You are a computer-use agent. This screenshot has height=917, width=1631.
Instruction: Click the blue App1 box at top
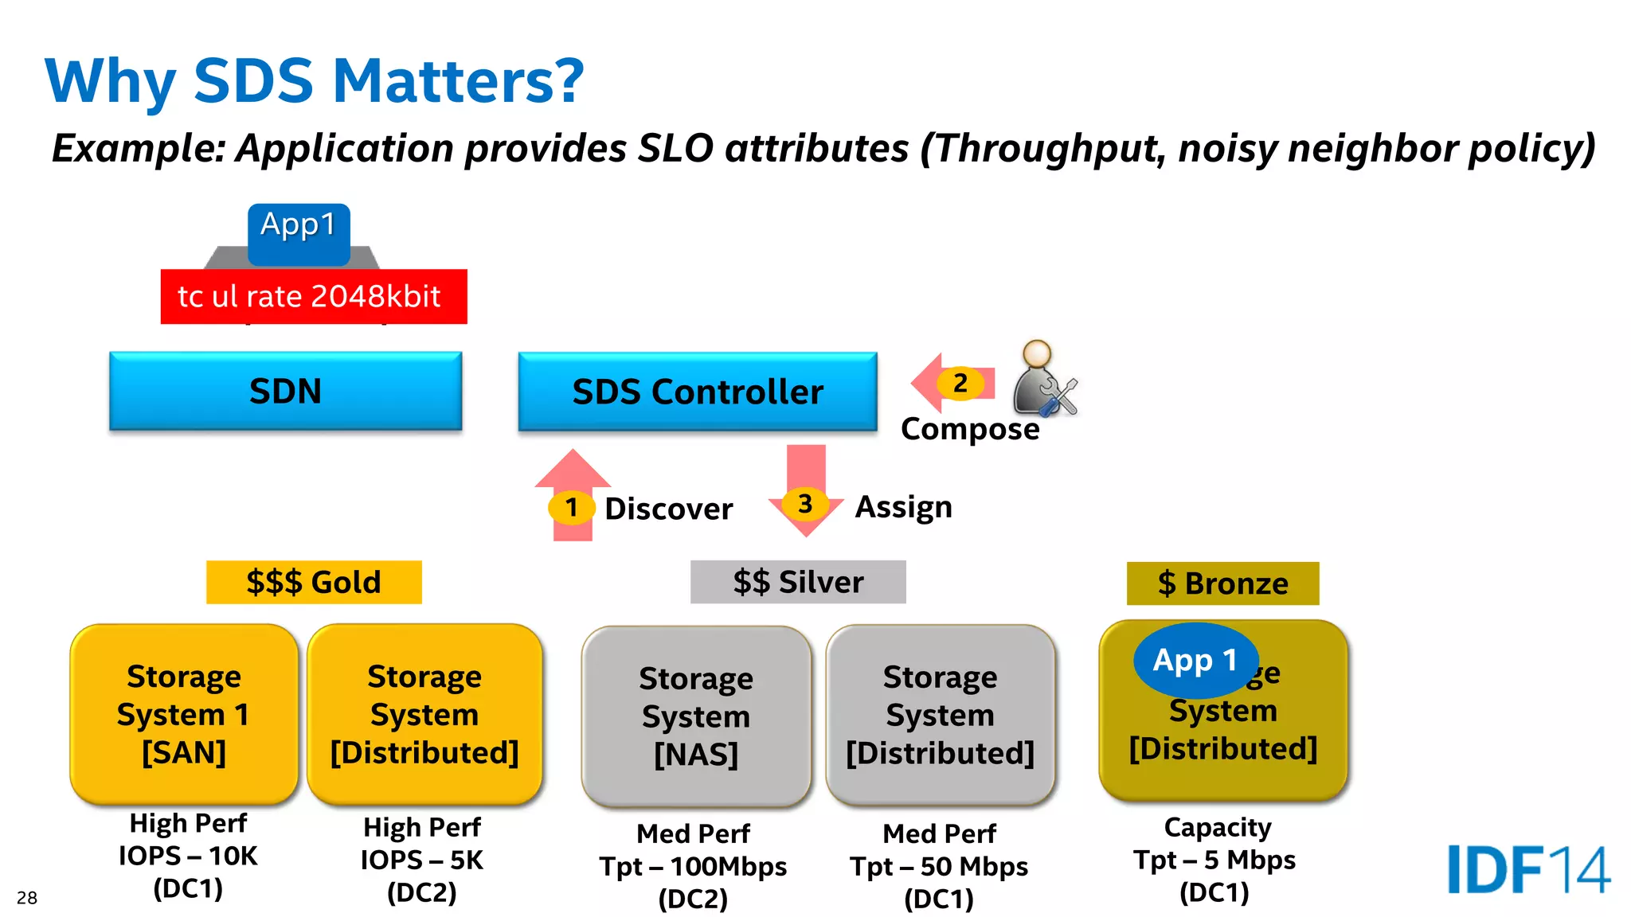pyautogui.click(x=299, y=233)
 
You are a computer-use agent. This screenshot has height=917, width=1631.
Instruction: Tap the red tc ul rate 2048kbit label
pyautogui.click(x=313, y=296)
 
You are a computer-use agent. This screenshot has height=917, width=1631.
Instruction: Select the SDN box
pyautogui.click(x=285, y=391)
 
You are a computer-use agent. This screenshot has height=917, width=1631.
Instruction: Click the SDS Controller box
pyautogui.click(x=697, y=392)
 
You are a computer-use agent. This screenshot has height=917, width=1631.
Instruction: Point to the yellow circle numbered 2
pyautogui.click(x=960, y=383)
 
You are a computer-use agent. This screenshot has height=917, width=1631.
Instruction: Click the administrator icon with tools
pyautogui.click(x=1043, y=379)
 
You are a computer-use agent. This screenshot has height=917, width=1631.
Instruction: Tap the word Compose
pyautogui.click(x=969, y=429)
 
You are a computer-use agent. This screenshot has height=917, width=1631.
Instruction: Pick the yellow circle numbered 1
pyautogui.click(x=571, y=507)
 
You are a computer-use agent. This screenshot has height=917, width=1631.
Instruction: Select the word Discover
pyautogui.click(x=668, y=509)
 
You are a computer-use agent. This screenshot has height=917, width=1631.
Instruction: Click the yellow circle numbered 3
pyautogui.click(x=805, y=504)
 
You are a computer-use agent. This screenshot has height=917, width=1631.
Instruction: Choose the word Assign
pyautogui.click(x=903, y=507)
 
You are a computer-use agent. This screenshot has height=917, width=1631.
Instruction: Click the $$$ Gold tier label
pyautogui.click(x=314, y=582)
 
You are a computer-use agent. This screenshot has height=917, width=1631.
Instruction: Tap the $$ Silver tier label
pyautogui.click(x=798, y=582)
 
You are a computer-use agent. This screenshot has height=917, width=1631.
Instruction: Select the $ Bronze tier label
pyautogui.click(x=1222, y=583)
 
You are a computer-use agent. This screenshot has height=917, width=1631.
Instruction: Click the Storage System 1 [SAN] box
pyautogui.click(x=184, y=714)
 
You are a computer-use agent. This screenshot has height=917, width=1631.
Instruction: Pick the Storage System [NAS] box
pyautogui.click(x=696, y=716)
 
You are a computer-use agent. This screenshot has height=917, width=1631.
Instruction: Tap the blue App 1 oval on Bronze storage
pyautogui.click(x=1195, y=660)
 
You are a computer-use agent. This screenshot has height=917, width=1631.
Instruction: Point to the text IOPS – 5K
pyautogui.click(x=421, y=860)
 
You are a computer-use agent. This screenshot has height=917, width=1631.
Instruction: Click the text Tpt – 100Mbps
pyautogui.click(x=693, y=866)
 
